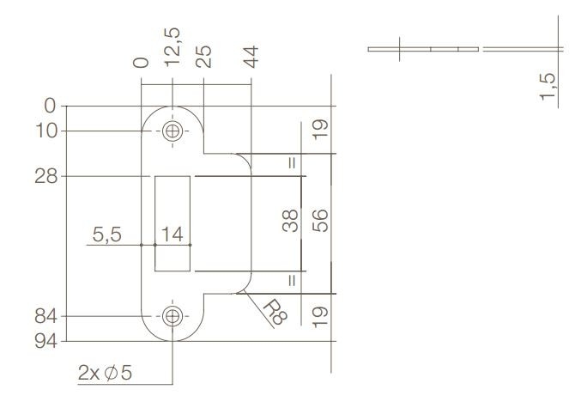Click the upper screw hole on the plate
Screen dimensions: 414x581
pyautogui.click(x=172, y=131)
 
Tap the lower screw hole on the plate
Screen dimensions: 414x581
pyautogui.click(x=172, y=316)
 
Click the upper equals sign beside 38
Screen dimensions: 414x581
pyautogui.click(x=291, y=163)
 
